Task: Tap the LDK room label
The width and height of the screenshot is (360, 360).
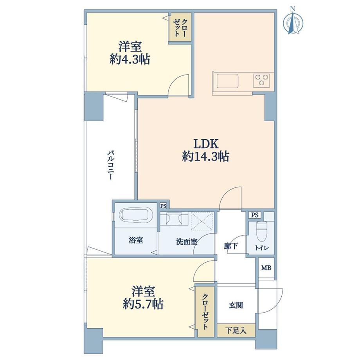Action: click(x=206, y=144)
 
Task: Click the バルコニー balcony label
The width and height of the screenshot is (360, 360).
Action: click(x=111, y=165)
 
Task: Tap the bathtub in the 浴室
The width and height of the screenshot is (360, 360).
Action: click(x=137, y=215)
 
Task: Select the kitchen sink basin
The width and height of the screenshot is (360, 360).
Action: click(x=227, y=81)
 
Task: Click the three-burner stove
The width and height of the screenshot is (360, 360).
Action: click(x=261, y=80)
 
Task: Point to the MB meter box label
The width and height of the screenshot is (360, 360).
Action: click(x=266, y=268)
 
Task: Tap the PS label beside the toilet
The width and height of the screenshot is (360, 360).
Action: click(x=255, y=215)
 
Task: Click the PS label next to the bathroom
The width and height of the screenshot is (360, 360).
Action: click(x=163, y=206)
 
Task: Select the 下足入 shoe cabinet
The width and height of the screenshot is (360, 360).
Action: click(x=236, y=330)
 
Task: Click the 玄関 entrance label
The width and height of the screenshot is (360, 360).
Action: click(x=236, y=305)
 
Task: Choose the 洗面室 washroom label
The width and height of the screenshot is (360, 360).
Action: click(x=187, y=241)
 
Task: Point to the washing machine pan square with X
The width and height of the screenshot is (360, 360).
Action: click(x=202, y=221)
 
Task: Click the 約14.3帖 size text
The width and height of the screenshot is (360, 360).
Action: click(x=206, y=157)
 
